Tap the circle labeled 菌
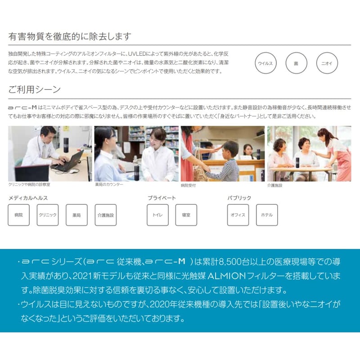coord(296,63)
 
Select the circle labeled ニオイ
coord(327,63)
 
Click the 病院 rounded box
coord(19,215)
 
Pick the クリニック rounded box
coord(48,215)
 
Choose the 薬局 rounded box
coord(76,215)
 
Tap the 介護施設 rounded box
coord(105,215)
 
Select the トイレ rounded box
coord(158,215)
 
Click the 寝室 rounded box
coord(186,215)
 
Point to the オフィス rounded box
coord(238,215)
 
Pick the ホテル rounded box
coord(267,215)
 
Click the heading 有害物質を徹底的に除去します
coord(70,36)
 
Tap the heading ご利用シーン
coord(34,89)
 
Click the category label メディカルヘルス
coord(28,198)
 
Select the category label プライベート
coord(162,198)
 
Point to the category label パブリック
coord(239,198)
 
